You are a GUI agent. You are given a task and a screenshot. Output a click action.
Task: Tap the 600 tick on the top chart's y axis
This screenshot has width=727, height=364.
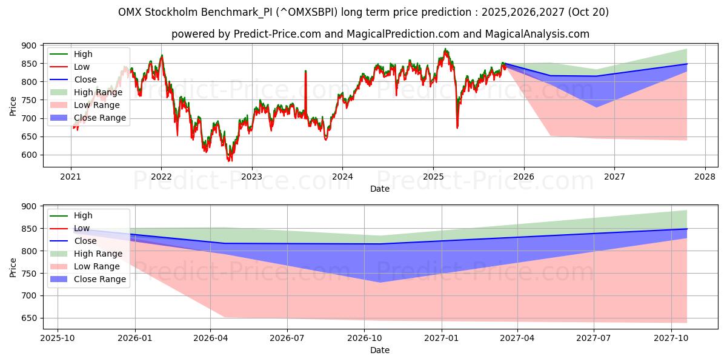28,155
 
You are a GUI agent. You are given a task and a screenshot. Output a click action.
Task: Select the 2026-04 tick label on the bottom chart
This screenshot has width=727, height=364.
210,337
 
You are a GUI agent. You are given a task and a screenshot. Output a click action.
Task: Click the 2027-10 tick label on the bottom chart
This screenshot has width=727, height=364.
671,337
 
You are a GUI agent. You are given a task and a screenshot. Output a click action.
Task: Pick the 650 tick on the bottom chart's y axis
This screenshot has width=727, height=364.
28,318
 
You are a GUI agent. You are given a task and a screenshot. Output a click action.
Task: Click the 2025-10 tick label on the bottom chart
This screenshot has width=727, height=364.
58,337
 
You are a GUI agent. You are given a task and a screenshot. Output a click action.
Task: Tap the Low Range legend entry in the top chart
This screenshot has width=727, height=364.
100,105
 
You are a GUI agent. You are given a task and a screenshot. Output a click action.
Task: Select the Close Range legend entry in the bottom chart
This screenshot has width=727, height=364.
100,279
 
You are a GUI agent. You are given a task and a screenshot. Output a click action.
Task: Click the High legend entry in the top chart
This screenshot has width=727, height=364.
83,54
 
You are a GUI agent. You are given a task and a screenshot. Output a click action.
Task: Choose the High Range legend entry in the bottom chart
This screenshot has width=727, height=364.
98,254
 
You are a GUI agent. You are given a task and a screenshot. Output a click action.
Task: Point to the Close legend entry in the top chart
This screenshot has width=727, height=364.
85,79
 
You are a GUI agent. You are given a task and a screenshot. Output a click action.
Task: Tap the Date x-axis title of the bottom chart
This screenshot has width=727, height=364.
380,350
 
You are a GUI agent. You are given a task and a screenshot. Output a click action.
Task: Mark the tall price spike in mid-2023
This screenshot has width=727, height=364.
305,72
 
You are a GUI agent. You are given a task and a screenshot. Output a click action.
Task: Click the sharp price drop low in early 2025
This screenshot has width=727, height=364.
457,127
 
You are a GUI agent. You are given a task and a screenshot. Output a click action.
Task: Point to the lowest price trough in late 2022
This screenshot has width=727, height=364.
230,160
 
